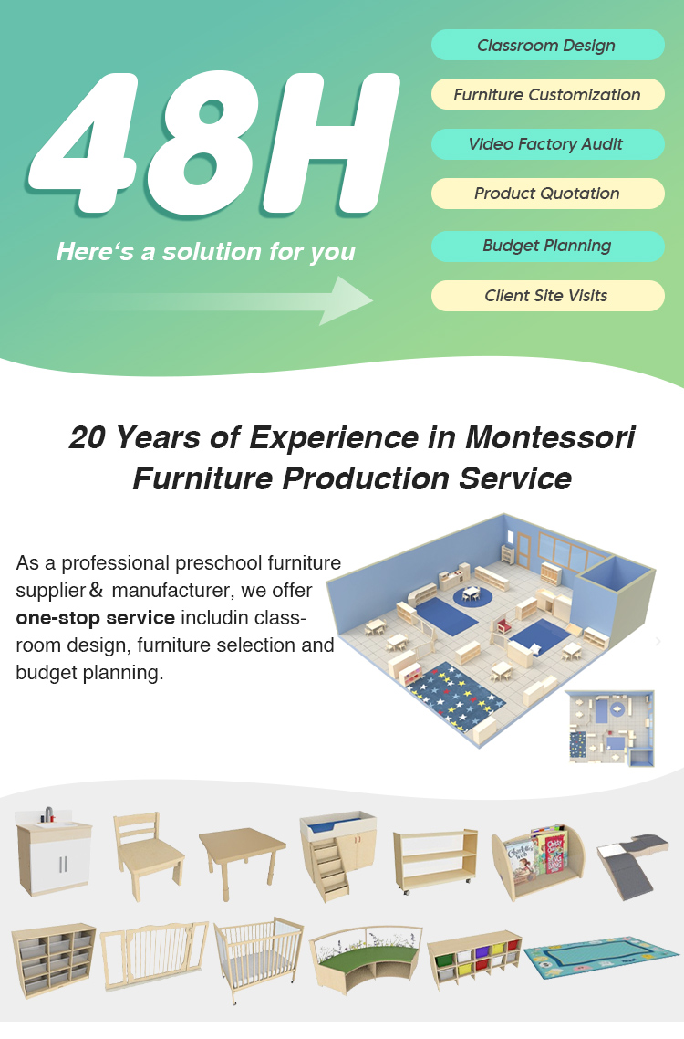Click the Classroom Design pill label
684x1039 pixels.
pos(547,45)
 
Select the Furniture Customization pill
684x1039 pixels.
pos(547,94)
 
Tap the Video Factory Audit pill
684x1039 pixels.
pos(547,143)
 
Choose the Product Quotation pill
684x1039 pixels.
pos(547,193)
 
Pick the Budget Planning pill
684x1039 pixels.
pos(547,246)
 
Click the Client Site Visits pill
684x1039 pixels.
pos(547,295)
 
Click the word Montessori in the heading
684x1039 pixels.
pos(549,437)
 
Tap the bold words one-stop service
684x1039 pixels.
pos(95,617)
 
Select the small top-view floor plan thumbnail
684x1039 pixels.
pos(609,727)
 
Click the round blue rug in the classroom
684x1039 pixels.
pos(472,596)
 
